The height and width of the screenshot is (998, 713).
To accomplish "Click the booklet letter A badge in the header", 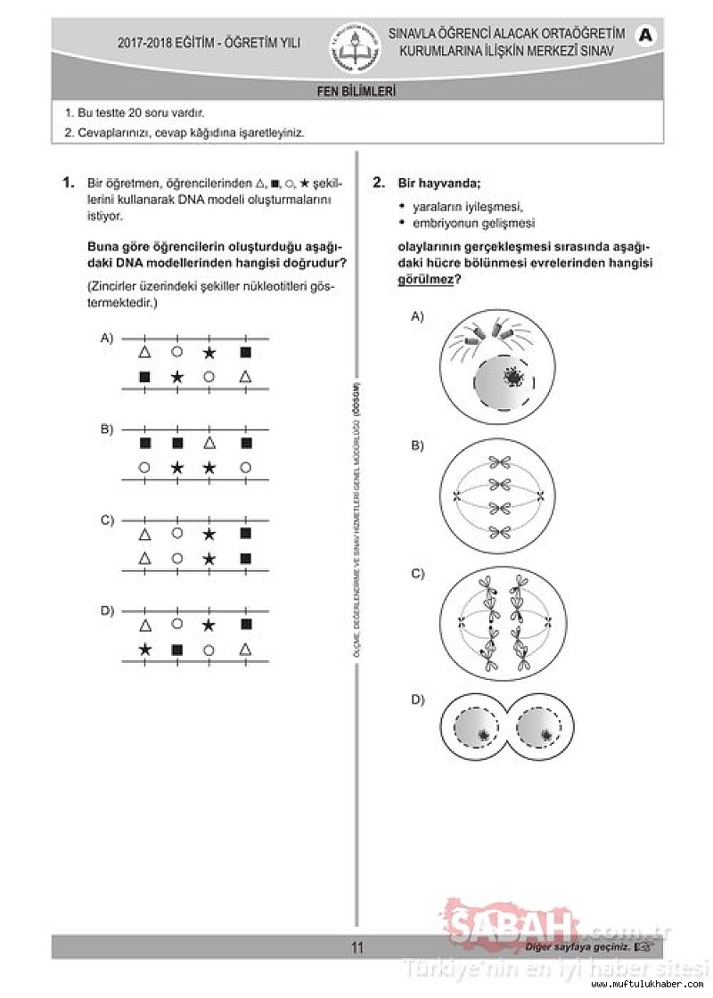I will point(646,35).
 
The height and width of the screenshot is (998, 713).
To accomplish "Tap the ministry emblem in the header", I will point(356,47).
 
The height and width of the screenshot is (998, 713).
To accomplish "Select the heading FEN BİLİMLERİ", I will point(356,91).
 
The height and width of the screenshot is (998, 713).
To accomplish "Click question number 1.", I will point(68,183).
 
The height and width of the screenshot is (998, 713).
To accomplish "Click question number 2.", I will point(379,183).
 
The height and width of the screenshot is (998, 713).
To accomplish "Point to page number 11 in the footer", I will point(356,947).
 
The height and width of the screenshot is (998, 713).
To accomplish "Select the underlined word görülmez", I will point(425,279).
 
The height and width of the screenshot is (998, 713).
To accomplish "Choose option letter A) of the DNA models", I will point(107,339).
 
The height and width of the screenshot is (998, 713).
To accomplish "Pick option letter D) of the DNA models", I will point(107,610).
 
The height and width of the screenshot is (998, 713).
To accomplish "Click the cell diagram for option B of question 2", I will point(497,497).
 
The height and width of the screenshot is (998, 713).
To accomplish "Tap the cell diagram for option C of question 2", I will point(497,622).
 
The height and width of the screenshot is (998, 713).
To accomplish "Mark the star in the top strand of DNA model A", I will point(209,353).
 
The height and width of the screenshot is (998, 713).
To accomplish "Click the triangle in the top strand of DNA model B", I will point(209,443).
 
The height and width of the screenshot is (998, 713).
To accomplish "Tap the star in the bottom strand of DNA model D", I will point(145,650).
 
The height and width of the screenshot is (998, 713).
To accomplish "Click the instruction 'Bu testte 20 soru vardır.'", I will point(135,113).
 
